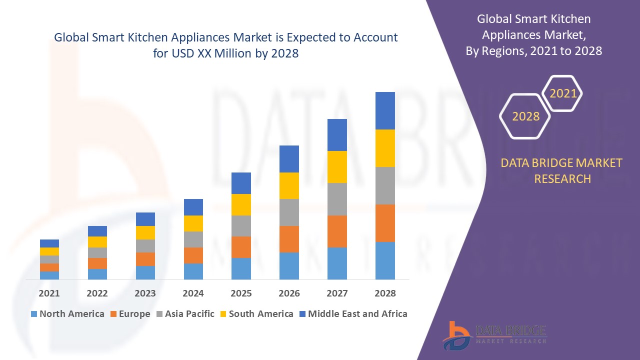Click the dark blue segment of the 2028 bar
point(385,110)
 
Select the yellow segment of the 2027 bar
point(337,166)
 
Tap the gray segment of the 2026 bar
point(289,212)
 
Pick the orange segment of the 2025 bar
point(241,247)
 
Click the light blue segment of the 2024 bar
point(193,271)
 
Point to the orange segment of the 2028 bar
point(385,223)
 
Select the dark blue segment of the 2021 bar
point(49,243)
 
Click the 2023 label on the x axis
point(145,293)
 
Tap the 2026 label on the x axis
point(289,293)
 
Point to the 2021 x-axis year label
point(49,293)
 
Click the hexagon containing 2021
point(563,93)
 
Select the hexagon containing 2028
point(525,116)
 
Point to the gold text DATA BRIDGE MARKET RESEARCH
point(562,170)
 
